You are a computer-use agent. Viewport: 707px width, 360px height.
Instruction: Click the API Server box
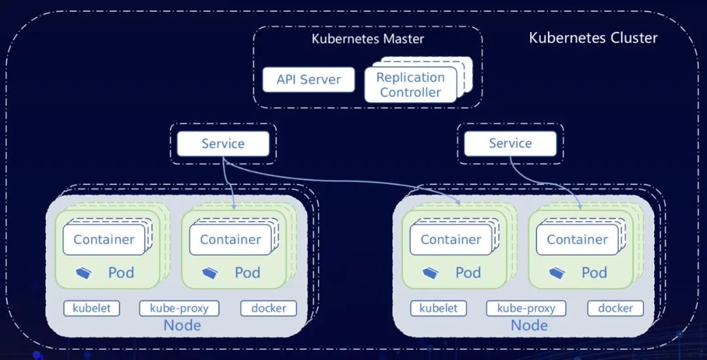point(308,80)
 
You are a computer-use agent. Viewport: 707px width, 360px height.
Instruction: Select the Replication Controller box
point(410,85)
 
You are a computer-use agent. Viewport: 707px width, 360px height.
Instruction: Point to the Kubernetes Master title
point(367,39)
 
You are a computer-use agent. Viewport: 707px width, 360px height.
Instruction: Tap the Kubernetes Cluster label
point(593,37)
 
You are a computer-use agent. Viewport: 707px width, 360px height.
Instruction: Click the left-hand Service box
point(223,144)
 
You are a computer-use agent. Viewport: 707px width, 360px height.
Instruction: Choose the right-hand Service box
point(510,143)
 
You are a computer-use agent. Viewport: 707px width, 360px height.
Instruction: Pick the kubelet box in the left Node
point(92,308)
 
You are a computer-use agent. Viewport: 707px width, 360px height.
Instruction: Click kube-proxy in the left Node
point(179,308)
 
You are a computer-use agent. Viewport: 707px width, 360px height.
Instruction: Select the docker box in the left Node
point(268,308)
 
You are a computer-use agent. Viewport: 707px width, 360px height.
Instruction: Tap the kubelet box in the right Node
point(439,308)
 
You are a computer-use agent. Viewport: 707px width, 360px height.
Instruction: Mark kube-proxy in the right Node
point(526,308)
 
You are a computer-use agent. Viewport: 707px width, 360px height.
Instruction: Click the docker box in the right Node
point(615,308)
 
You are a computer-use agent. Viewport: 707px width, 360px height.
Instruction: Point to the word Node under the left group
point(182,325)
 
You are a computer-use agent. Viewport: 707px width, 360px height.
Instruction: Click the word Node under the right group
point(529,325)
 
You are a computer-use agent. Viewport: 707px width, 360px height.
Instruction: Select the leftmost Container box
point(104,240)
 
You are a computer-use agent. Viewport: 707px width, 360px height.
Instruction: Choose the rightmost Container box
point(577,240)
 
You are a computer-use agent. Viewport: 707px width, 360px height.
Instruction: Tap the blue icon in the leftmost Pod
point(84,272)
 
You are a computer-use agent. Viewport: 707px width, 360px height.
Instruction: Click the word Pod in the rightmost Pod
point(594,272)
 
